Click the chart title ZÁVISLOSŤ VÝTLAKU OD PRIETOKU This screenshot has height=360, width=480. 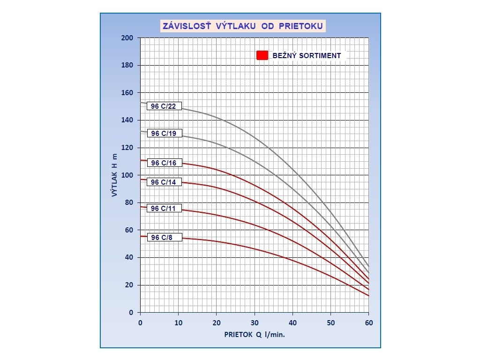242,26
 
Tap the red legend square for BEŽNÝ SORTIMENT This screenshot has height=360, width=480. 262,55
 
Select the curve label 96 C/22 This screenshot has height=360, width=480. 164,106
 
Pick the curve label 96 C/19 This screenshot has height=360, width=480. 164,134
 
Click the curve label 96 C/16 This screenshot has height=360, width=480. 164,163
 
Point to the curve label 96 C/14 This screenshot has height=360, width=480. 164,182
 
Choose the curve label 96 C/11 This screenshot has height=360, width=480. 164,209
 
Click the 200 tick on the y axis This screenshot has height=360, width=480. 127,38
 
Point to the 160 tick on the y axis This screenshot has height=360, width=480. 127,93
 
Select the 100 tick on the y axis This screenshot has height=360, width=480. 127,175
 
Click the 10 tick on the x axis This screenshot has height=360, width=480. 178,323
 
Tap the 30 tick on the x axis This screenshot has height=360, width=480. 255,323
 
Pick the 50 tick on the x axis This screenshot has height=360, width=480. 330,323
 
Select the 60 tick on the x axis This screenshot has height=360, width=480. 368,323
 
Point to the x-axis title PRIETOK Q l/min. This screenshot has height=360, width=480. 255,335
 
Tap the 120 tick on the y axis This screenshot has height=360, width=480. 127,148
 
